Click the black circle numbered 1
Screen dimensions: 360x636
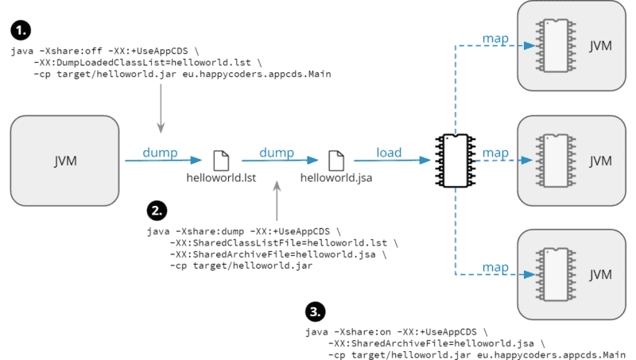point(21,32)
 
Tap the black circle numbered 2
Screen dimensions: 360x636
point(157,211)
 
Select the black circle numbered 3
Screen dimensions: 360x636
point(315,310)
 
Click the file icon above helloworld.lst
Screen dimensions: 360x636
point(220,159)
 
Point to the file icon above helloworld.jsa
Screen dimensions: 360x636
point(336,159)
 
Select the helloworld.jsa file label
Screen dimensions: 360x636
point(336,179)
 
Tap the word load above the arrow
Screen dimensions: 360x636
point(389,152)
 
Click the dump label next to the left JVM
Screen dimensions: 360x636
point(161,152)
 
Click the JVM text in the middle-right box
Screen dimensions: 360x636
point(601,160)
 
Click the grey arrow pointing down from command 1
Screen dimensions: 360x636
point(161,108)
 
